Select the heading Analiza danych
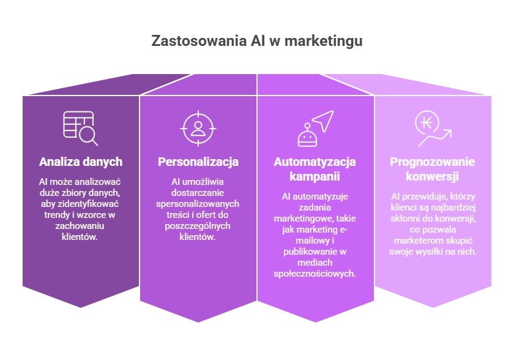pos(81,162)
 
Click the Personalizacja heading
pos(198,162)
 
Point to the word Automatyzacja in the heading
pos(315,162)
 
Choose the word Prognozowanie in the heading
pos(433,162)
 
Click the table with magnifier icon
pos(80,128)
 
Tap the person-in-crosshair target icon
pos(198,129)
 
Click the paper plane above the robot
pos(324,121)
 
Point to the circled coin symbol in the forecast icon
pos(427,122)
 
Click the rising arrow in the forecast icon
pos(435,138)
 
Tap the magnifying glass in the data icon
pos(89,136)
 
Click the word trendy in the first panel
pos(57,215)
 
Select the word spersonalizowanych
pos(198,204)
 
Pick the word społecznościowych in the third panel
pos(315,274)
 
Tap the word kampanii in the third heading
pos(315,177)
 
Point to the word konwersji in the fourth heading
pos(433,177)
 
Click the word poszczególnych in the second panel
pos(198,227)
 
